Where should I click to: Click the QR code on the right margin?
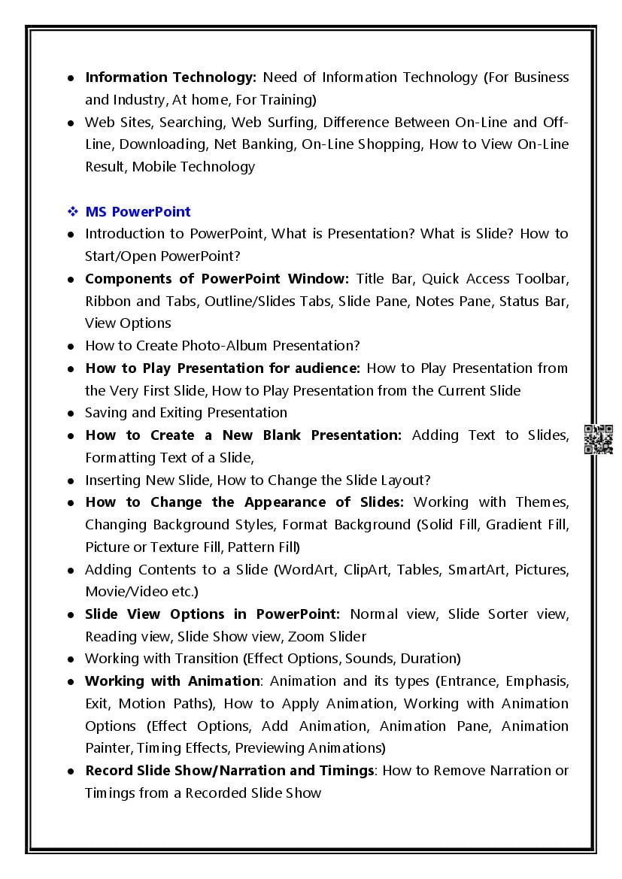(599, 440)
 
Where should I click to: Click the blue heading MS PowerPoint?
(138, 211)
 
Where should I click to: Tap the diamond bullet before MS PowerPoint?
(72, 211)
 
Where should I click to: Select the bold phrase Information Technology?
(171, 77)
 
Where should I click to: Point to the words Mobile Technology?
(193, 167)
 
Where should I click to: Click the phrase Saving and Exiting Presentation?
(186, 413)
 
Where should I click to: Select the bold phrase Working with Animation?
(171, 681)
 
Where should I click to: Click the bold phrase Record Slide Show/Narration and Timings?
(229, 771)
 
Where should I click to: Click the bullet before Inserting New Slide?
(71, 480)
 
